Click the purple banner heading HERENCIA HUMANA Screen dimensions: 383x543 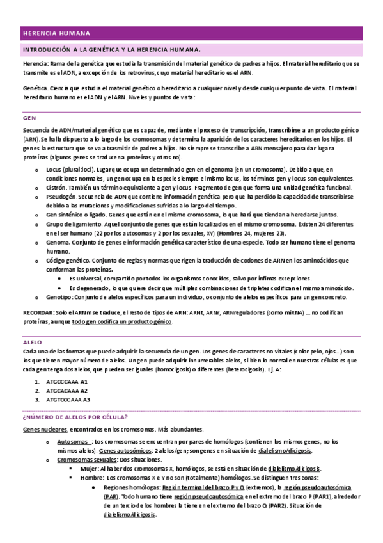point(56,33)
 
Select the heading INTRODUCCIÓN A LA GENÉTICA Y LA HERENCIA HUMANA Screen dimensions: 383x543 point(112,49)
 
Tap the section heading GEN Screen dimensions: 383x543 point(29,118)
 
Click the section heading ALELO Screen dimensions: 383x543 point(33,343)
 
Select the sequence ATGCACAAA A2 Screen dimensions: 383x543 point(66,391)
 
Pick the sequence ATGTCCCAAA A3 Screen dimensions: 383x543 point(68,400)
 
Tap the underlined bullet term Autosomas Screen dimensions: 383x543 point(73,442)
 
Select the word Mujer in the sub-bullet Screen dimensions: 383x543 point(90,469)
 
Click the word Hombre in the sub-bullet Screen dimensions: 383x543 point(92,478)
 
